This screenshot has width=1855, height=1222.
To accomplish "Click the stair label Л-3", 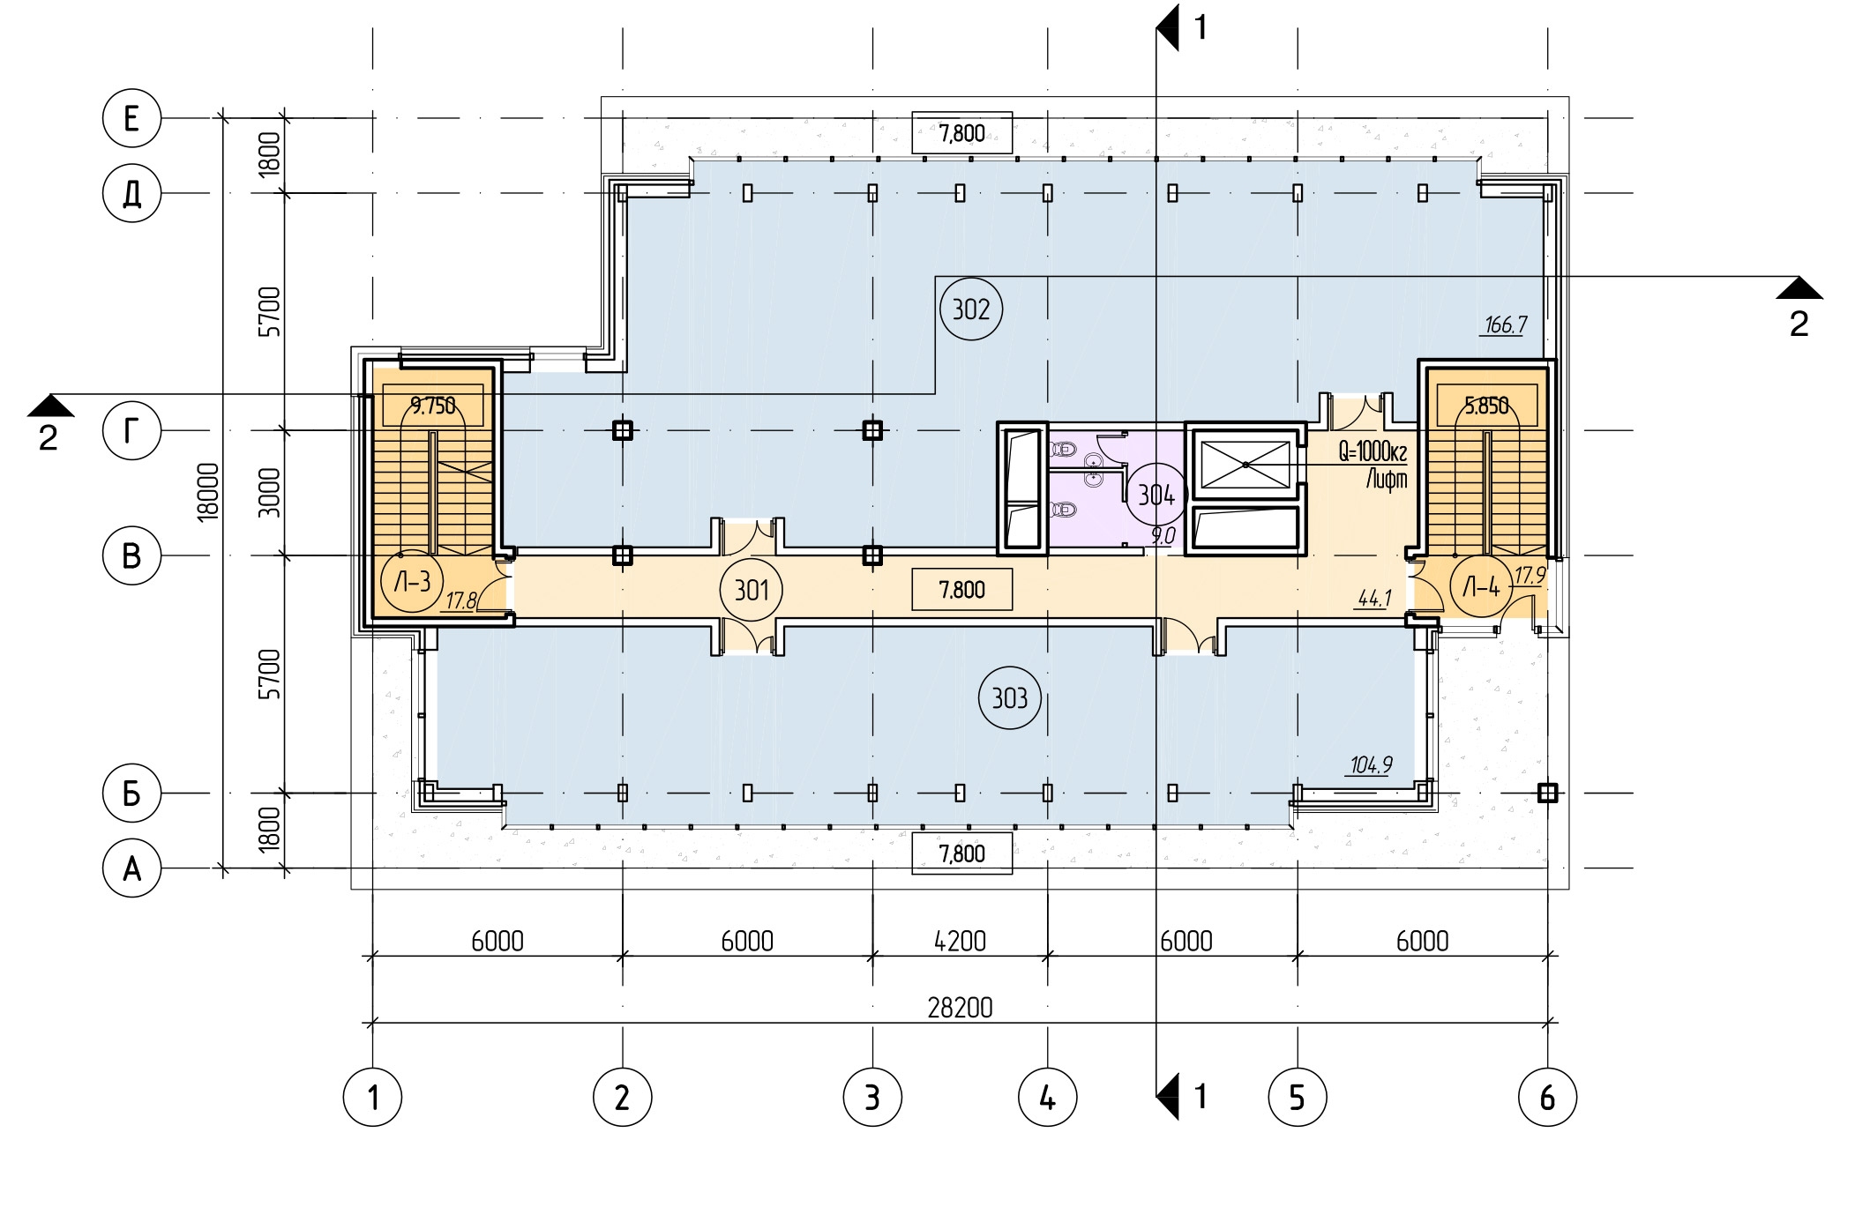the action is pos(411,582).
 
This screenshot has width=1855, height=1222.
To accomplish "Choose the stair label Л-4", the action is pos(1481,586).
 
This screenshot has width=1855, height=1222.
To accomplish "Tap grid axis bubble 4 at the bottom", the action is pos(1048,1098).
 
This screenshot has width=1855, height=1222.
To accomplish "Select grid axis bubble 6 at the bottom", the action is pos(1548,1098).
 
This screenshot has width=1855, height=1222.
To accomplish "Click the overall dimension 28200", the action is pos(960,1007).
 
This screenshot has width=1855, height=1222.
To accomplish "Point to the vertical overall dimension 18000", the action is pos(208,492).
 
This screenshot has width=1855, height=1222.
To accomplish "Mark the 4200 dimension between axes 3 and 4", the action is pos(960,941).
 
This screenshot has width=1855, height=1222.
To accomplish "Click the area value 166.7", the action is pos(1505,325).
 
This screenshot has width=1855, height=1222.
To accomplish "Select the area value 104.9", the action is pos(1371,764).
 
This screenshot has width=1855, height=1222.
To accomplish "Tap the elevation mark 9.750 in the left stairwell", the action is pos(433,406).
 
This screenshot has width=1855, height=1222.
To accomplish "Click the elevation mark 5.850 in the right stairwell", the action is pos(1487,406).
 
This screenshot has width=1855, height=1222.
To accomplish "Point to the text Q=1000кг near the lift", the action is pos(1373,452).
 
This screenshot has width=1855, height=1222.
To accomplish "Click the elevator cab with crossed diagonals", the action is pos(1245,465).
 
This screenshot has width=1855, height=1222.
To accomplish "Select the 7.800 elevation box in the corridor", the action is pos(962,590).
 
